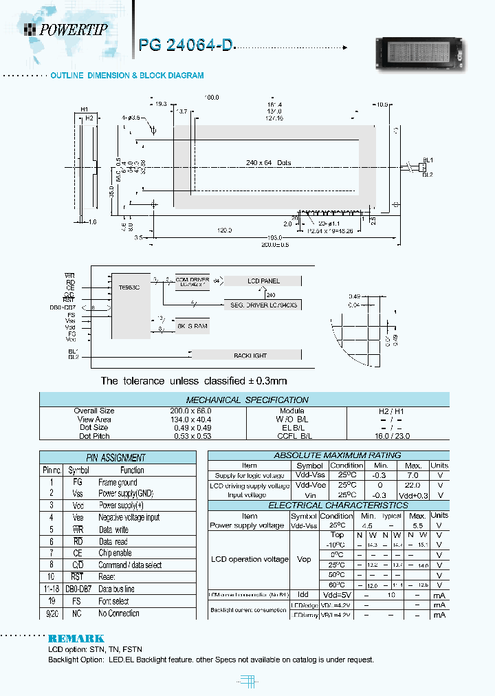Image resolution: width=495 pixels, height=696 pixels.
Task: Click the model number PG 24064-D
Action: click(186, 45)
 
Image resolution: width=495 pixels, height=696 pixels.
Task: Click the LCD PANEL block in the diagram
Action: click(263, 281)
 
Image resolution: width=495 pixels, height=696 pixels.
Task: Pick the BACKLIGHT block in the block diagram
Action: click(246, 355)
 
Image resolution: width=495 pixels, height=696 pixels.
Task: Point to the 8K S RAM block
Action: click(191, 325)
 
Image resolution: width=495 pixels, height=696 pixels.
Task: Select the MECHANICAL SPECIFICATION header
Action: click(247, 400)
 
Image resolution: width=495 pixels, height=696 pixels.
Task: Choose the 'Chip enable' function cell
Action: click(115, 553)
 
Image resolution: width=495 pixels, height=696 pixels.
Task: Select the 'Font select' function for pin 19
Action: click(113, 601)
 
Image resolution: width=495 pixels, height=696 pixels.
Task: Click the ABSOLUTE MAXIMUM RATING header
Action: click(328, 455)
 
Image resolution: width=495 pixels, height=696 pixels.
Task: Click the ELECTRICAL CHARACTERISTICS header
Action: click(328, 505)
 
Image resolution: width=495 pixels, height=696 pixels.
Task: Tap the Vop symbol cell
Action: click(303, 560)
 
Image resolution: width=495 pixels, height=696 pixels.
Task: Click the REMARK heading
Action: click(76, 639)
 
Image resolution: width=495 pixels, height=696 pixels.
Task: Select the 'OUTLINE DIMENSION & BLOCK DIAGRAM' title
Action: click(127, 75)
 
